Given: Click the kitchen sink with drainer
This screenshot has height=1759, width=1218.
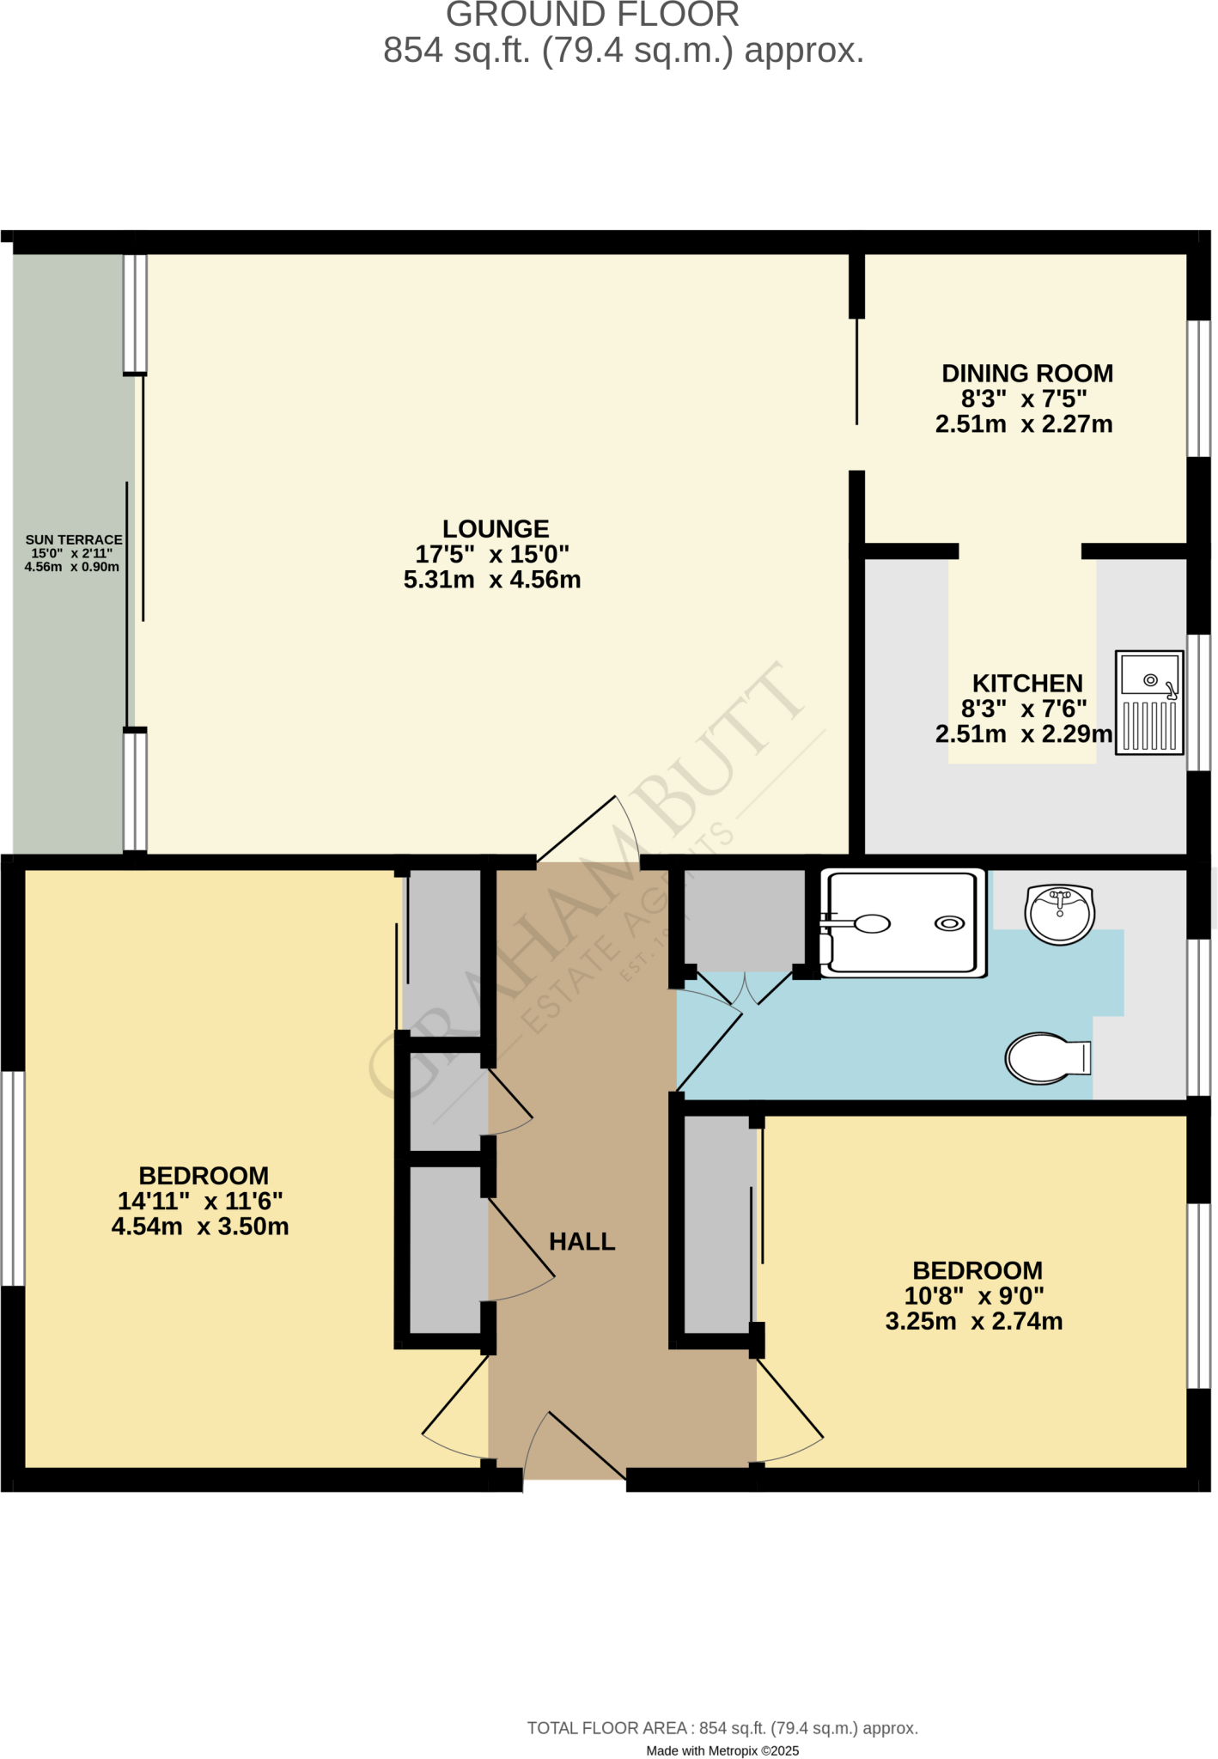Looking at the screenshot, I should point(1149,703).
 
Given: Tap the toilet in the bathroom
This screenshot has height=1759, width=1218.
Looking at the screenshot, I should point(1046,1058).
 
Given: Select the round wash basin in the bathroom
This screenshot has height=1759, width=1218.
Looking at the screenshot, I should point(1060,915).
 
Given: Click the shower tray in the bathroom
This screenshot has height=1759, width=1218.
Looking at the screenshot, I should point(902,923).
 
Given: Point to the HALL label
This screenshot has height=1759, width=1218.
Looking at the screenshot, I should point(582,1242).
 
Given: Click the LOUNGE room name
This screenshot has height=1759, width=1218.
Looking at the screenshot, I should point(496,529).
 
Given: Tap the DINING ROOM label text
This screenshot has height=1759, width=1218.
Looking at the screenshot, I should point(1027,374).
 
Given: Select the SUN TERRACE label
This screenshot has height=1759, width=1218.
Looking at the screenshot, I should point(74,539).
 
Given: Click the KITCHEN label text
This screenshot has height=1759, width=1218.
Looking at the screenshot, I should point(1027,684).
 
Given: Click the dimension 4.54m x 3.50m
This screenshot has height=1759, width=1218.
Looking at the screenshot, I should point(200,1226).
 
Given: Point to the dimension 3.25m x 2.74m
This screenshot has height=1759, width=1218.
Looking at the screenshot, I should point(974,1321).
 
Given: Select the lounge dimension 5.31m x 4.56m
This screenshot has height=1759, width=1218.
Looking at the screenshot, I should point(492,580).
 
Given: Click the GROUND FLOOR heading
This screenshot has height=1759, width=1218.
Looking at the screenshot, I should point(593,15).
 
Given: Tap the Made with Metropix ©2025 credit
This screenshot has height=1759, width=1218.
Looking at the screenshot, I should point(722,1750).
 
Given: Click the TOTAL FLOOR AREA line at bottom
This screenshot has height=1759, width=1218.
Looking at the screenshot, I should point(722,1728).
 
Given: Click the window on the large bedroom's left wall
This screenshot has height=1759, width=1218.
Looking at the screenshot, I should point(12,1178).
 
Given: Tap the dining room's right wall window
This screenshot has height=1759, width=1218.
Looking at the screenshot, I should point(1199,388).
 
